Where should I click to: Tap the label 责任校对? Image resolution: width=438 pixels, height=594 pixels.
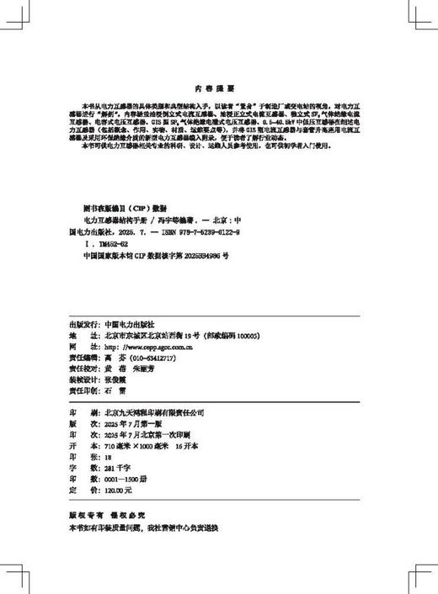[82, 368]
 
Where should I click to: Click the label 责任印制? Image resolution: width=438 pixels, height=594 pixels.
[82, 390]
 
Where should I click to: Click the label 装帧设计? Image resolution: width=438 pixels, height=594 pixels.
[82, 379]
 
